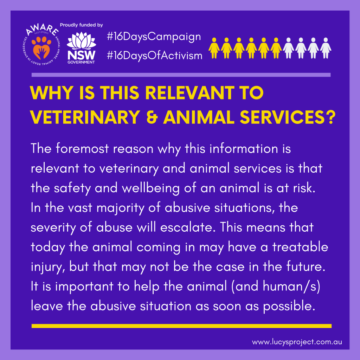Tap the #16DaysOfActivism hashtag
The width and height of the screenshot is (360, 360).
click(x=155, y=56)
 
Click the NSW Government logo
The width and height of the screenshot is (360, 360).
click(x=81, y=48)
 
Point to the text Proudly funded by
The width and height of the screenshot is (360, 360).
click(x=81, y=25)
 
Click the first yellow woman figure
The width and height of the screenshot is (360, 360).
click(x=214, y=48)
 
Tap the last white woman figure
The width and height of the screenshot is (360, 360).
click(x=326, y=48)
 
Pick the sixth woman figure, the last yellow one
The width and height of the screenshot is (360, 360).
click(x=276, y=48)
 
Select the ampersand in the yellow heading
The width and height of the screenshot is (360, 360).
click(x=152, y=117)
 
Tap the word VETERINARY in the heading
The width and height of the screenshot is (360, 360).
click(x=85, y=117)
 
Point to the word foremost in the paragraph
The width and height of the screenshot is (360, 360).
click(x=82, y=149)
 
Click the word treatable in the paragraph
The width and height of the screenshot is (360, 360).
click(x=300, y=247)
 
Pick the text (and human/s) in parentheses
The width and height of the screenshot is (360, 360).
click(x=276, y=287)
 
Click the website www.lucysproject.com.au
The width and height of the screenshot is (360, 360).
click(x=297, y=342)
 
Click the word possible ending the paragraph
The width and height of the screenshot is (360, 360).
click(x=289, y=307)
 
